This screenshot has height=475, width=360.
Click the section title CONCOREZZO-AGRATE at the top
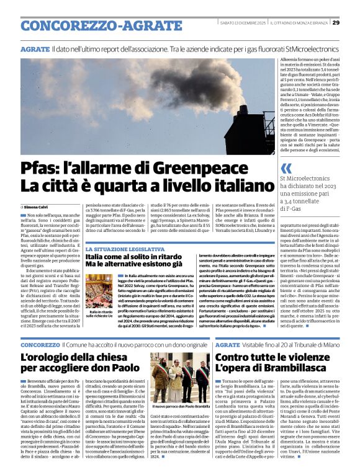(86, 25)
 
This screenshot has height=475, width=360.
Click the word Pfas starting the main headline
(40, 167)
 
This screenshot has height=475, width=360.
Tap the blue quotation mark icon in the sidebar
(286, 168)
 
